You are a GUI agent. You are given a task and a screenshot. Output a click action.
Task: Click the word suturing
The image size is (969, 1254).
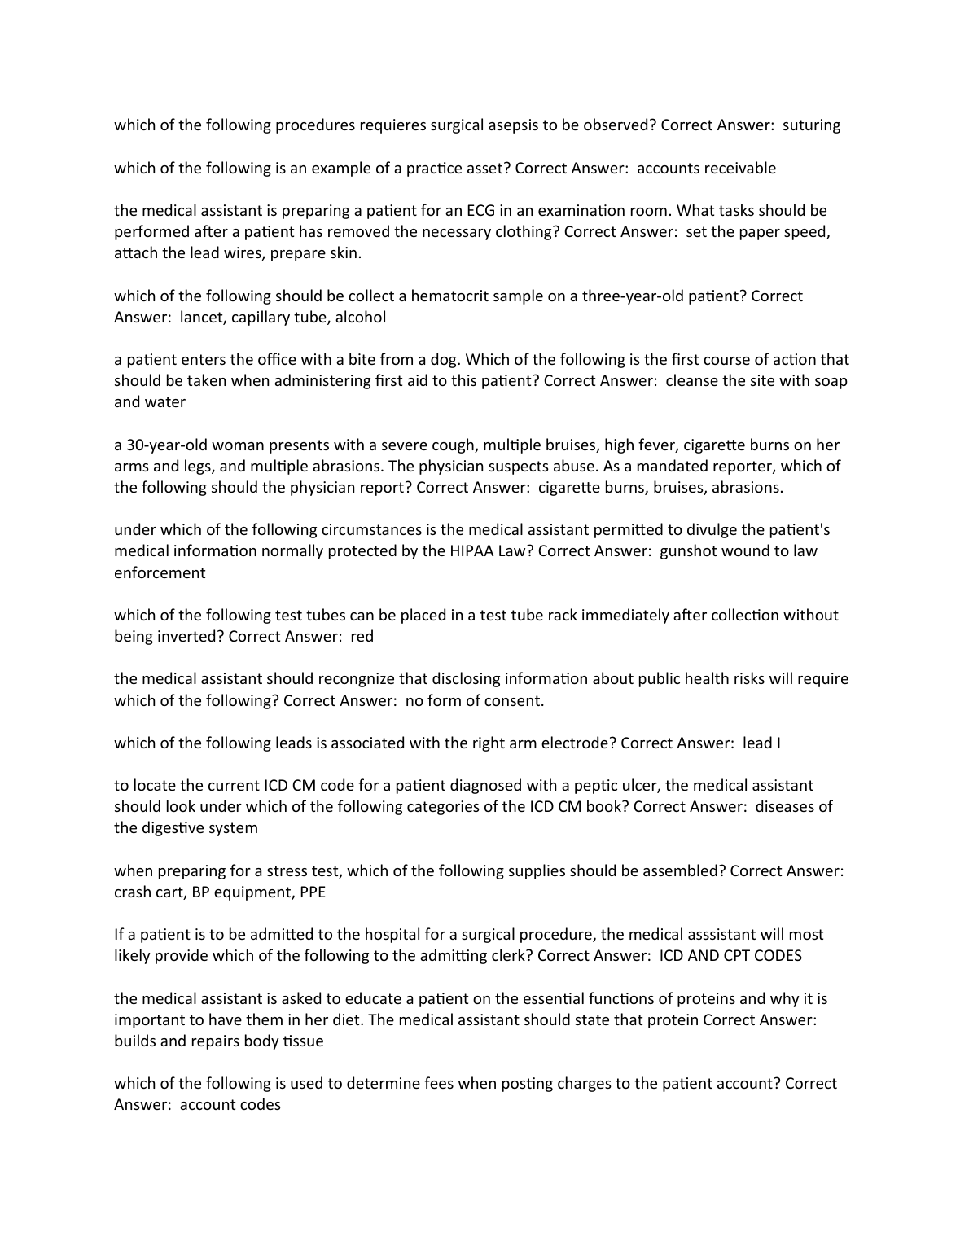click(811, 125)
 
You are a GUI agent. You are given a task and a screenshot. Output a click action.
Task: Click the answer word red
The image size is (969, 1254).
click(362, 637)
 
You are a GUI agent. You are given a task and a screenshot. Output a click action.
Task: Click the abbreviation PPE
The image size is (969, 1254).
click(312, 892)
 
